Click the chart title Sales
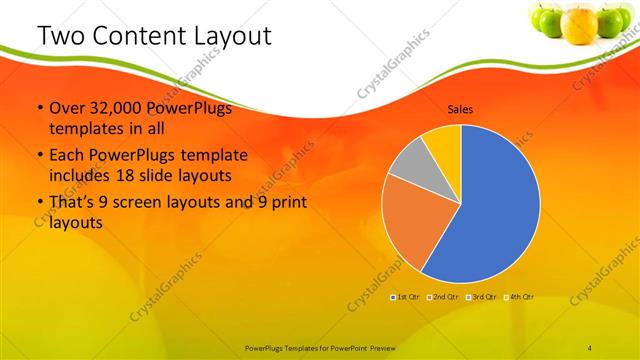click(460, 109)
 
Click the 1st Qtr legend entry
click(404, 297)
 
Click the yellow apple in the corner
click(579, 22)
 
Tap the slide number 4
click(590, 347)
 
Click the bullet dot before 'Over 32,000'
click(39, 109)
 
